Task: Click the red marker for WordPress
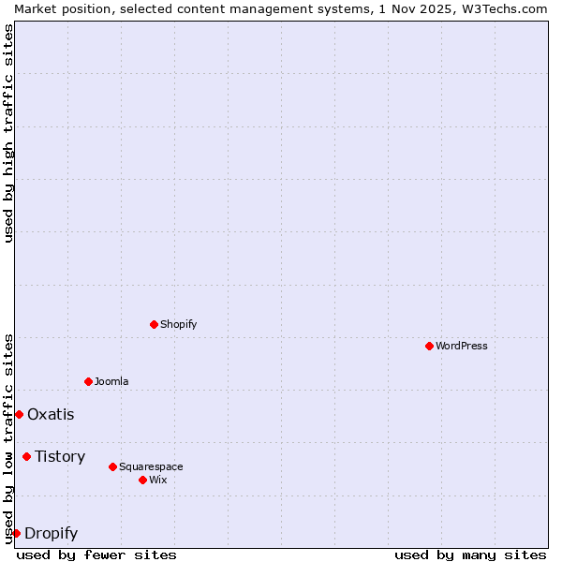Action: [429, 346]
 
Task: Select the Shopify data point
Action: [154, 324]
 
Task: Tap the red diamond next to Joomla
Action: [88, 381]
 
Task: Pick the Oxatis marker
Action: [19, 414]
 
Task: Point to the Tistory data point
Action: [26, 456]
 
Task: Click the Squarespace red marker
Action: [112, 466]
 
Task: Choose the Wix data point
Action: [142, 480]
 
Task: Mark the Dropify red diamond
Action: [16, 533]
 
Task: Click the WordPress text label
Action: [462, 346]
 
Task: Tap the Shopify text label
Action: [178, 324]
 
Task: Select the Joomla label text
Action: [111, 381]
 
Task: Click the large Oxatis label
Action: [51, 414]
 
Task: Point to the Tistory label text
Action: [60, 456]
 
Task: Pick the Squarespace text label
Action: [151, 466]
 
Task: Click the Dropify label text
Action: [51, 534]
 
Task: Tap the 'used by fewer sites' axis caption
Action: [96, 555]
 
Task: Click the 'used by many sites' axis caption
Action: [470, 555]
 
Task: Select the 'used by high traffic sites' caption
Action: [9, 133]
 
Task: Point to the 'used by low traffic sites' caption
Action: [9, 438]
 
